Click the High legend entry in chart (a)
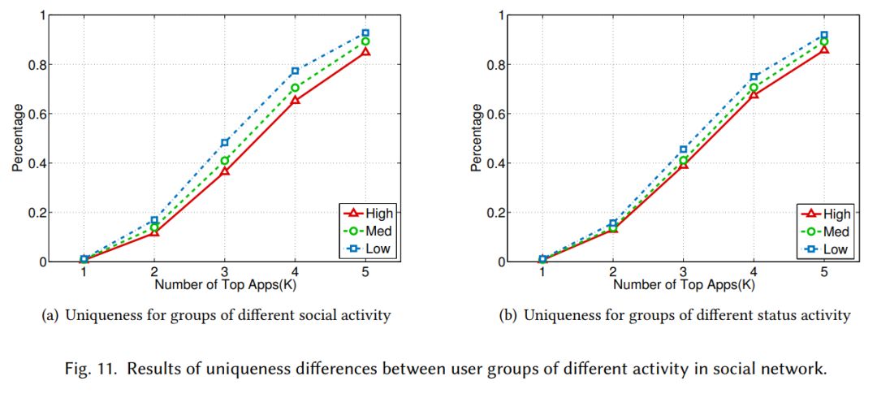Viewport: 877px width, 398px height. (369, 214)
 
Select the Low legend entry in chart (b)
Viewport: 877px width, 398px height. (828, 249)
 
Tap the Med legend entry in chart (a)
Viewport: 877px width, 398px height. (369, 231)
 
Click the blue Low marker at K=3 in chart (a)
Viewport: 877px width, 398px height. (225, 143)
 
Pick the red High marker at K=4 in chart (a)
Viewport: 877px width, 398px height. (295, 100)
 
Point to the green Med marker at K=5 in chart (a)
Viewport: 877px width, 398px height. (365, 41)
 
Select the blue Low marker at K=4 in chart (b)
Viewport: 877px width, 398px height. (754, 76)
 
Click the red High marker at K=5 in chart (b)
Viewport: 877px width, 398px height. (824, 50)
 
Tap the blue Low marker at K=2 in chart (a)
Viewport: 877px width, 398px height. (154, 220)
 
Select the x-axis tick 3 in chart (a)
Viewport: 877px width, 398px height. (225, 273)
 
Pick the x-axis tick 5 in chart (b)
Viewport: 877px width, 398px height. (824, 273)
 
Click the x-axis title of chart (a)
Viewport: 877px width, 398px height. (225, 285)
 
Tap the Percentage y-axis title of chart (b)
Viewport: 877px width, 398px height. (475, 138)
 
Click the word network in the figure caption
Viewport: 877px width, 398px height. (798, 370)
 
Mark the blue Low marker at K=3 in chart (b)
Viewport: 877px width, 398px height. (684, 149)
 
